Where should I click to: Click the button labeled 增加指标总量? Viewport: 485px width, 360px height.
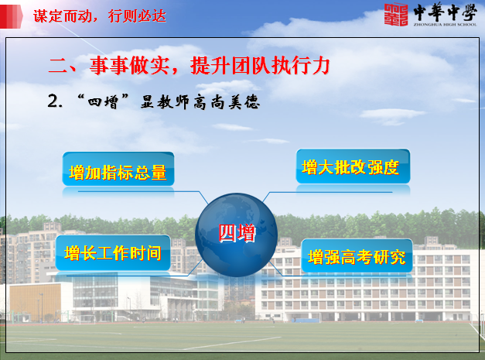click(118, 169)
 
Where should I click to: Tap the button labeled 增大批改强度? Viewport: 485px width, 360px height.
click(353, 166)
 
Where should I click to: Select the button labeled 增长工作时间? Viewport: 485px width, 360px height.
click(113, 252)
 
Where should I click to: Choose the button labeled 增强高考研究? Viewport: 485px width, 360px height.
click(357, 255)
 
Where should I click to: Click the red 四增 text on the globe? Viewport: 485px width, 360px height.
click(237, 233)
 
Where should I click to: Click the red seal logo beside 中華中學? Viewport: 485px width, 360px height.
click(396, 14)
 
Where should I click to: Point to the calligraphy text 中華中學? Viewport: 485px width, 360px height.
click(445, 12)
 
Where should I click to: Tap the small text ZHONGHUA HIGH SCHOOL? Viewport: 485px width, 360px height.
click(445, 25)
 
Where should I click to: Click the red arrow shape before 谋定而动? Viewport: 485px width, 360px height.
click(12, 16)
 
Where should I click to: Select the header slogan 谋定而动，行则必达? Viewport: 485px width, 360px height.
click(100, 16)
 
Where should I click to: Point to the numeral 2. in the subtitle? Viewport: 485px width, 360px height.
click(55, 101)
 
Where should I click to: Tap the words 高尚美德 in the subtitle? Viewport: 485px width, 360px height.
click(227, 102)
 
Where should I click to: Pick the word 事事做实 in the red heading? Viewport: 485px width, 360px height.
click(130, 66)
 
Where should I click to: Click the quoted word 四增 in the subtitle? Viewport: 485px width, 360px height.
click(104, 101)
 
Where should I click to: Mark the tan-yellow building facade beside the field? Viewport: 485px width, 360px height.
click(35, 303)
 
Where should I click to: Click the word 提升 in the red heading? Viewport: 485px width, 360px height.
click(210, 65)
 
